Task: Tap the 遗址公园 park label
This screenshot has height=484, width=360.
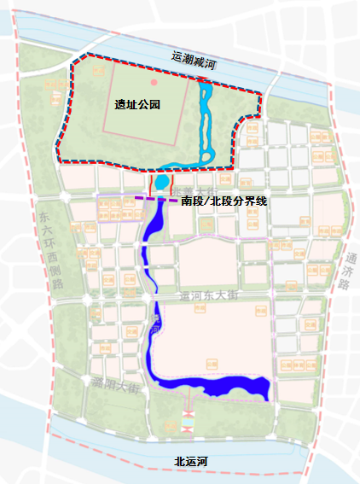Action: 138,104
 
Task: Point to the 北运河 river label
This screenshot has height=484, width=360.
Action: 191,461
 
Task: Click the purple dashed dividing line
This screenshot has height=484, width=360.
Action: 154,200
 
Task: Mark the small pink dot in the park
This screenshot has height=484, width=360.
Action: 154,82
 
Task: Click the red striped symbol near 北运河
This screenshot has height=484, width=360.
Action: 188,420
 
